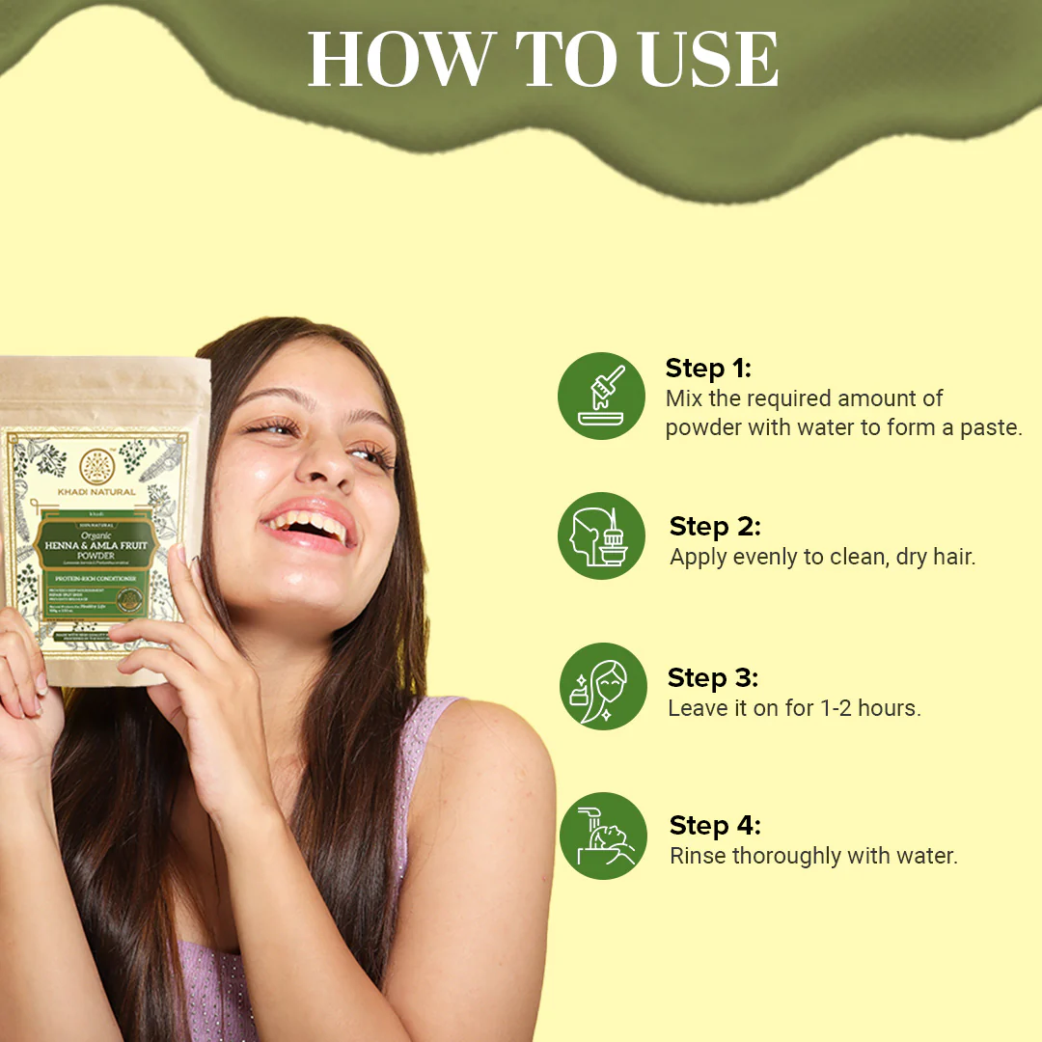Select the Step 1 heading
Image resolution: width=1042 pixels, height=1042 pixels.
pos(708,369)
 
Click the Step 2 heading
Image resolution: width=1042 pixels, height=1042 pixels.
pos(715,527)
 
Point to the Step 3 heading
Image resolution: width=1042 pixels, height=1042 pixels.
pos(713,678)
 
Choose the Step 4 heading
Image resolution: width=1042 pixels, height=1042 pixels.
pos(715,826)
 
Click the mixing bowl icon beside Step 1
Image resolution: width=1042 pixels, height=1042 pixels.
pos(602,396)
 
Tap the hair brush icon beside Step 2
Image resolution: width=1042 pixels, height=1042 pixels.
pos(602,536)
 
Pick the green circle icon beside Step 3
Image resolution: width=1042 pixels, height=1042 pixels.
pos(602,686)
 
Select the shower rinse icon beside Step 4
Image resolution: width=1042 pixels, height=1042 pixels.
pos(602,836)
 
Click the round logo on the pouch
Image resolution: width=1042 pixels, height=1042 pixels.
pos(96,467)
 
